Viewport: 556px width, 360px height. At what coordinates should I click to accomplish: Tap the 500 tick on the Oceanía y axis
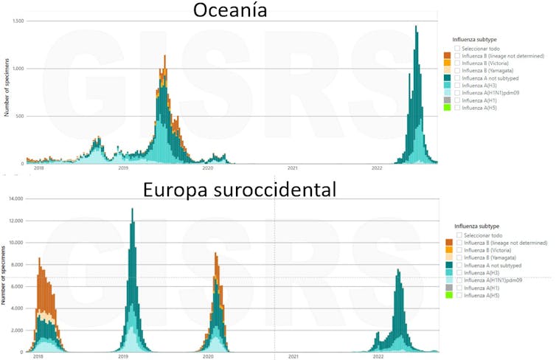18,116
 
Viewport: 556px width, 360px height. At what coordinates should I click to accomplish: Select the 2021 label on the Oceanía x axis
292,169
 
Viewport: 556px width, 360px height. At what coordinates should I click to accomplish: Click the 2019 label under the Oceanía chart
123,169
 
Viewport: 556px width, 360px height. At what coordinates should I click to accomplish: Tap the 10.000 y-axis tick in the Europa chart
15,243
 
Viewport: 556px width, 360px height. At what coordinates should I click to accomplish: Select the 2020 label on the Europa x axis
208,356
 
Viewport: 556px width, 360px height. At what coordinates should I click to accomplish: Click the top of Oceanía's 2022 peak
416,27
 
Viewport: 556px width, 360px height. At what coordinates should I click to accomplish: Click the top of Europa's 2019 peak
132,209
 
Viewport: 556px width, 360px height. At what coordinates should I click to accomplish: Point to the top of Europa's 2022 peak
398,269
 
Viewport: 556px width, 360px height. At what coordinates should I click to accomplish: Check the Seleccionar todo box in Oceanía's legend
458,48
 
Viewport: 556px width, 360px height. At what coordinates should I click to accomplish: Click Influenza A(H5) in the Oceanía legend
458,108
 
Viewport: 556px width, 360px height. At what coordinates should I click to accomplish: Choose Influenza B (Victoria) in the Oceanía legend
458,63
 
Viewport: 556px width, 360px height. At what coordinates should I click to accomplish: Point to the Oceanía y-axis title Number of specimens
7,92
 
